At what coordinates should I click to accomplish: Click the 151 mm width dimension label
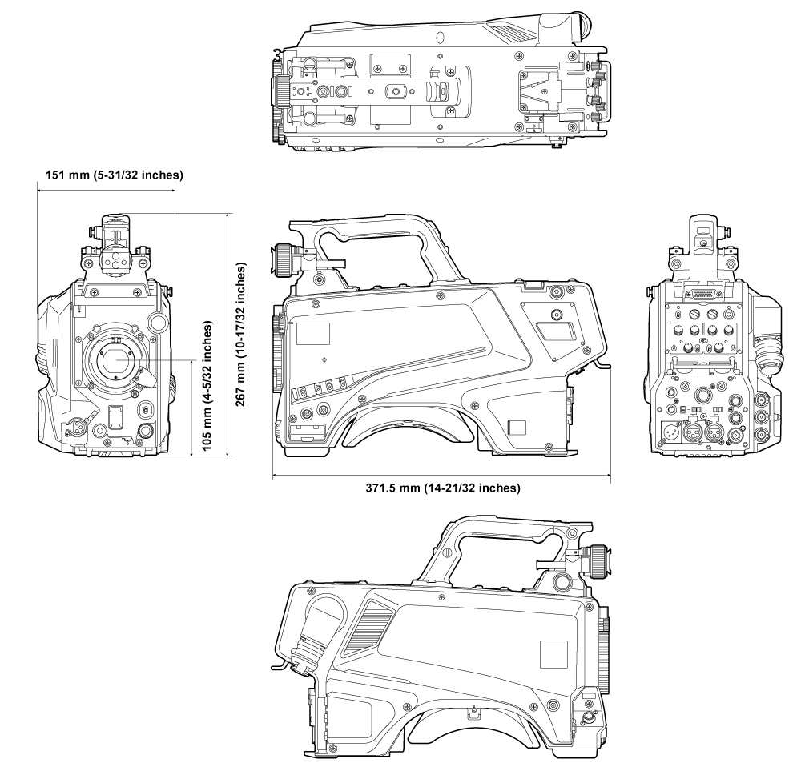tap(111, 175)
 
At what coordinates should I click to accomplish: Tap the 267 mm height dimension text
tap(241, 335)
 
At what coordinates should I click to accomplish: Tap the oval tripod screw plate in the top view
tap(396, 90)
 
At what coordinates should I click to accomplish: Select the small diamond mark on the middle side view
tap(323, 359)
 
